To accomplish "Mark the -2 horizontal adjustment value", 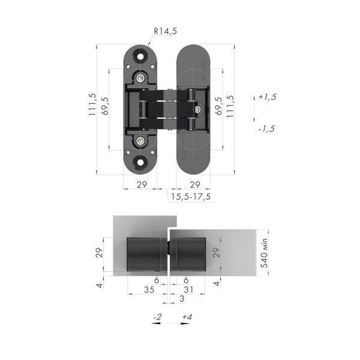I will click(158, 316).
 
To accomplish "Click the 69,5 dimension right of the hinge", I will click(218, 106).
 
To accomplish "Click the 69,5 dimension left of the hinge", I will click(105, 106).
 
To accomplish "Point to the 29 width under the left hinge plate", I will click(142, 185).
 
